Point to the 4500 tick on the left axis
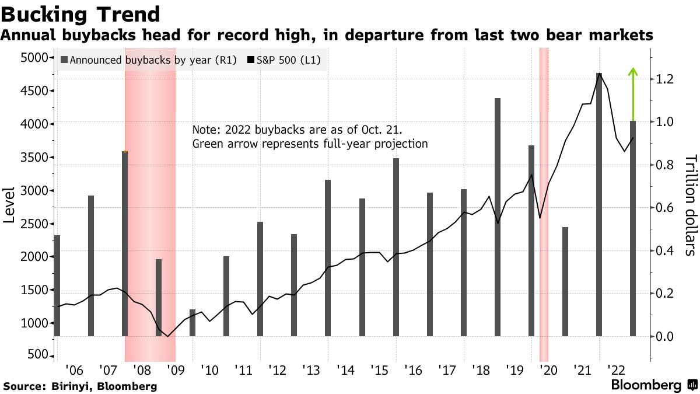[37, 90]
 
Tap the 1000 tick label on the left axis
[37, 323]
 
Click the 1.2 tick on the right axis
[664, 79]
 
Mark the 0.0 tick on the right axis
[664, 337]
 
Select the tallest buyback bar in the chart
[599, 204]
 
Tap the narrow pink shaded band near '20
[544, 204]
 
